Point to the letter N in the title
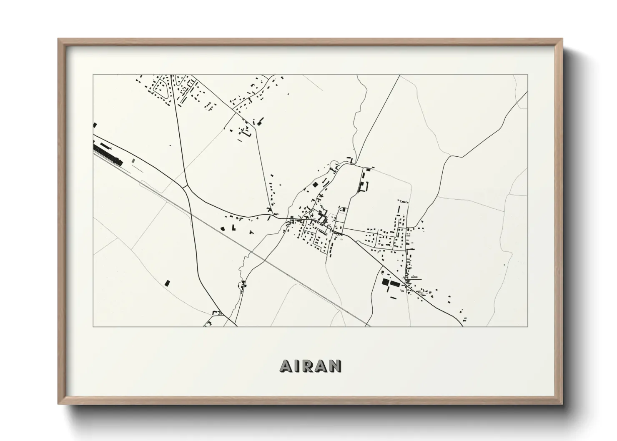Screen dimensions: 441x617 click(x=336, y=366)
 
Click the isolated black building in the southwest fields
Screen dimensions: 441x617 click(x=168, y=283)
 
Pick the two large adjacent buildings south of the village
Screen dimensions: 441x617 click(x=389, y=283)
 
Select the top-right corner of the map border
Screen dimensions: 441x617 click(x=528, y=75)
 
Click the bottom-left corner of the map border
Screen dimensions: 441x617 click(x=93, y=326)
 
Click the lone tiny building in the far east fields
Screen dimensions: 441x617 click(x=505, y=264)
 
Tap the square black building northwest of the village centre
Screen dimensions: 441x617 click(x=316, y=183)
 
